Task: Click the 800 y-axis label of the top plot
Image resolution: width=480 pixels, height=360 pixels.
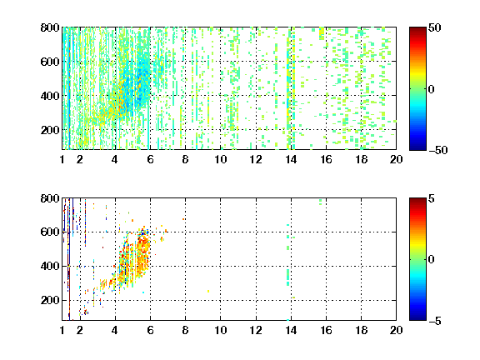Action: (50, 27)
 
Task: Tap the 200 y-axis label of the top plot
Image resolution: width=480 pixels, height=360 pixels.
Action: (50, 130)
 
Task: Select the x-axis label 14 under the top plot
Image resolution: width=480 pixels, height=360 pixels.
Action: (291, 159)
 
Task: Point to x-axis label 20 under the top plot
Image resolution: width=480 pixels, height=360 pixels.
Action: (396, 159)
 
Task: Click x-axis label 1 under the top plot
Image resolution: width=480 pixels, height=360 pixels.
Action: (62, 159)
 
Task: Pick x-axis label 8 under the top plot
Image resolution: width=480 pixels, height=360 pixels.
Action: (185, 159)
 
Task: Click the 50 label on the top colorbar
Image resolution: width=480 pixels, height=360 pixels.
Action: (434, 27)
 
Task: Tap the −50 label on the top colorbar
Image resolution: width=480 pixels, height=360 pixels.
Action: (437, 150)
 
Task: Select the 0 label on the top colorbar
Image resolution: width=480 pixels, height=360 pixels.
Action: (432, 89)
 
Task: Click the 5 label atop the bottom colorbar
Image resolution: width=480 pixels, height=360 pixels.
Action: (432, 198)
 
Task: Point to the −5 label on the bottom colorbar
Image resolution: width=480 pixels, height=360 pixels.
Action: (435, 321)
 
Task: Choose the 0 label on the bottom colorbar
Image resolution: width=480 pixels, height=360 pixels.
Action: (432, 260)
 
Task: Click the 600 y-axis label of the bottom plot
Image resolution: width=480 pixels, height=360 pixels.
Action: (50, 232)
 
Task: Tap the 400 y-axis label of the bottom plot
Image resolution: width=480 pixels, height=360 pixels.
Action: (50, 266)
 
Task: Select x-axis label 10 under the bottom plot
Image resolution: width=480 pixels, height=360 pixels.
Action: (220, 330)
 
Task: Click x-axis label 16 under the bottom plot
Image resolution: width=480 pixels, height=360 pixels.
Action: (326, 330)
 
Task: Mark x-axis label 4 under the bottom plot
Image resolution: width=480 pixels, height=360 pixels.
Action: (115, 330)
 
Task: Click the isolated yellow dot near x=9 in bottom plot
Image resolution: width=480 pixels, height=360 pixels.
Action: (208, 291)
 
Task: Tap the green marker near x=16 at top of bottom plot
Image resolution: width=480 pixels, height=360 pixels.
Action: (321, 202)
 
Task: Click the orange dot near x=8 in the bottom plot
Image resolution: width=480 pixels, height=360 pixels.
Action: (183, 219)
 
